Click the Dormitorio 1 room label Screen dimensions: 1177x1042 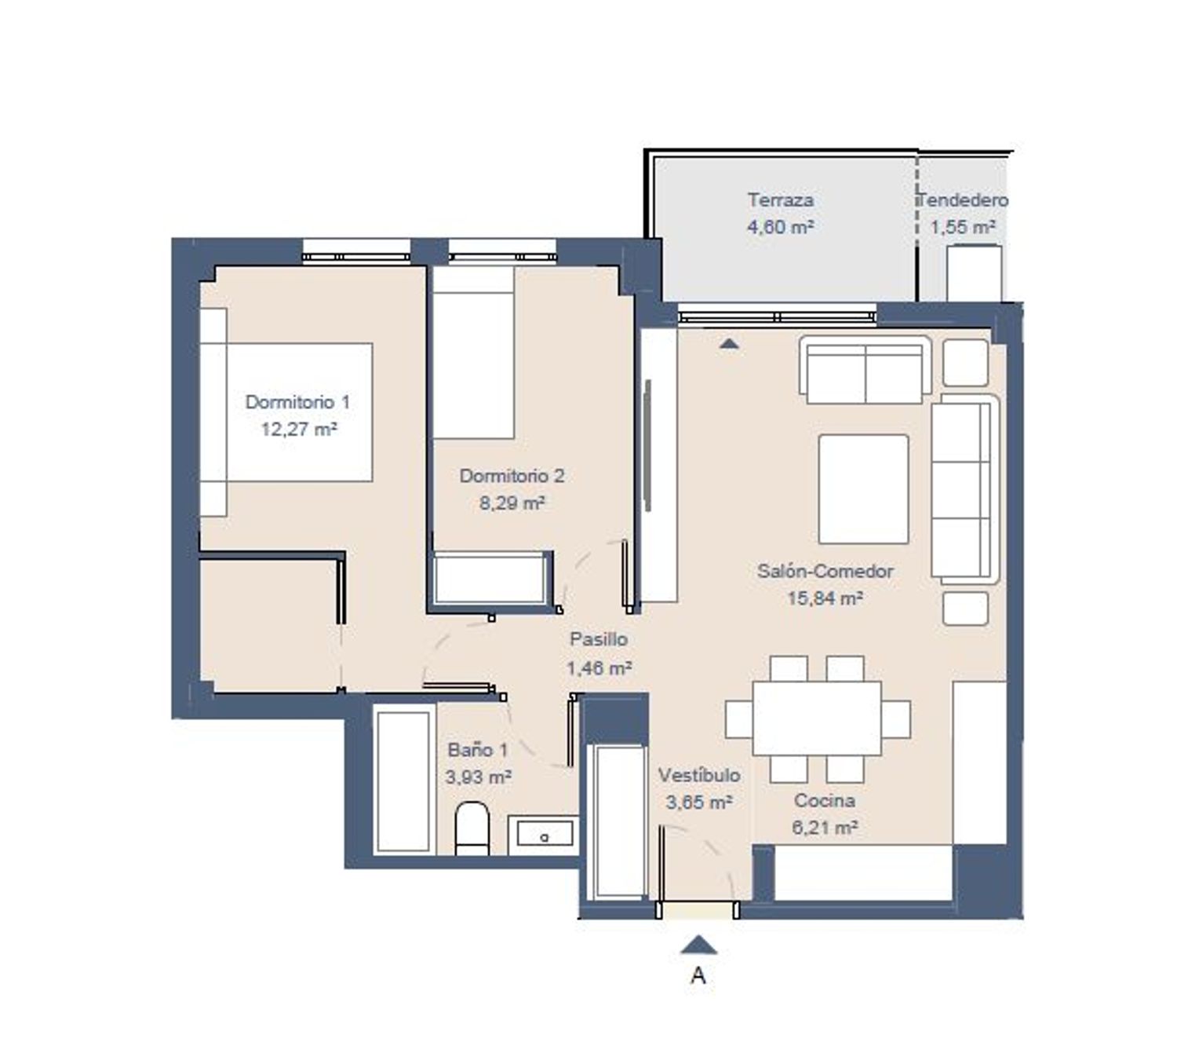click(297, 402)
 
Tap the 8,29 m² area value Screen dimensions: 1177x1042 click(512, 503)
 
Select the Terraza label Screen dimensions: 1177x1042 click(780, 200)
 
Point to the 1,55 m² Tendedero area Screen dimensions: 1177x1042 click(963, 227)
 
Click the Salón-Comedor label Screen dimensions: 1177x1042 click(825, 571)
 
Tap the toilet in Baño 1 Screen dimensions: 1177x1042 click(472, 828)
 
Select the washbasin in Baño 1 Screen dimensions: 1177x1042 click(543, 835)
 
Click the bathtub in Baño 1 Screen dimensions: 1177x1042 click(404, 780)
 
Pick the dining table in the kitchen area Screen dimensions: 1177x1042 click(817, 718)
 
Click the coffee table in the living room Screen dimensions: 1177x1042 click(863, 489)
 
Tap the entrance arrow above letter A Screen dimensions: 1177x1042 click(699, 945)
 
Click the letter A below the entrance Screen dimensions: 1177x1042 click(698, 975)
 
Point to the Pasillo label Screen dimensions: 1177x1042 click(599, 639)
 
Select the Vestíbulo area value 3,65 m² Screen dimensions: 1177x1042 click(698, 803)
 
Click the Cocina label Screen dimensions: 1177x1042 click(825, 800)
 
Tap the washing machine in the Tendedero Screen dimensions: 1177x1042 click(975, 273)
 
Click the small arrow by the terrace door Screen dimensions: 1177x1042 click(729, 344)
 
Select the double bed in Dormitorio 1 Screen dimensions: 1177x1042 click(286, 412)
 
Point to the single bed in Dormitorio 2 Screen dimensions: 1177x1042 click(473, 353)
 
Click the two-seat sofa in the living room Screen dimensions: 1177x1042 click(865, 370)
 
